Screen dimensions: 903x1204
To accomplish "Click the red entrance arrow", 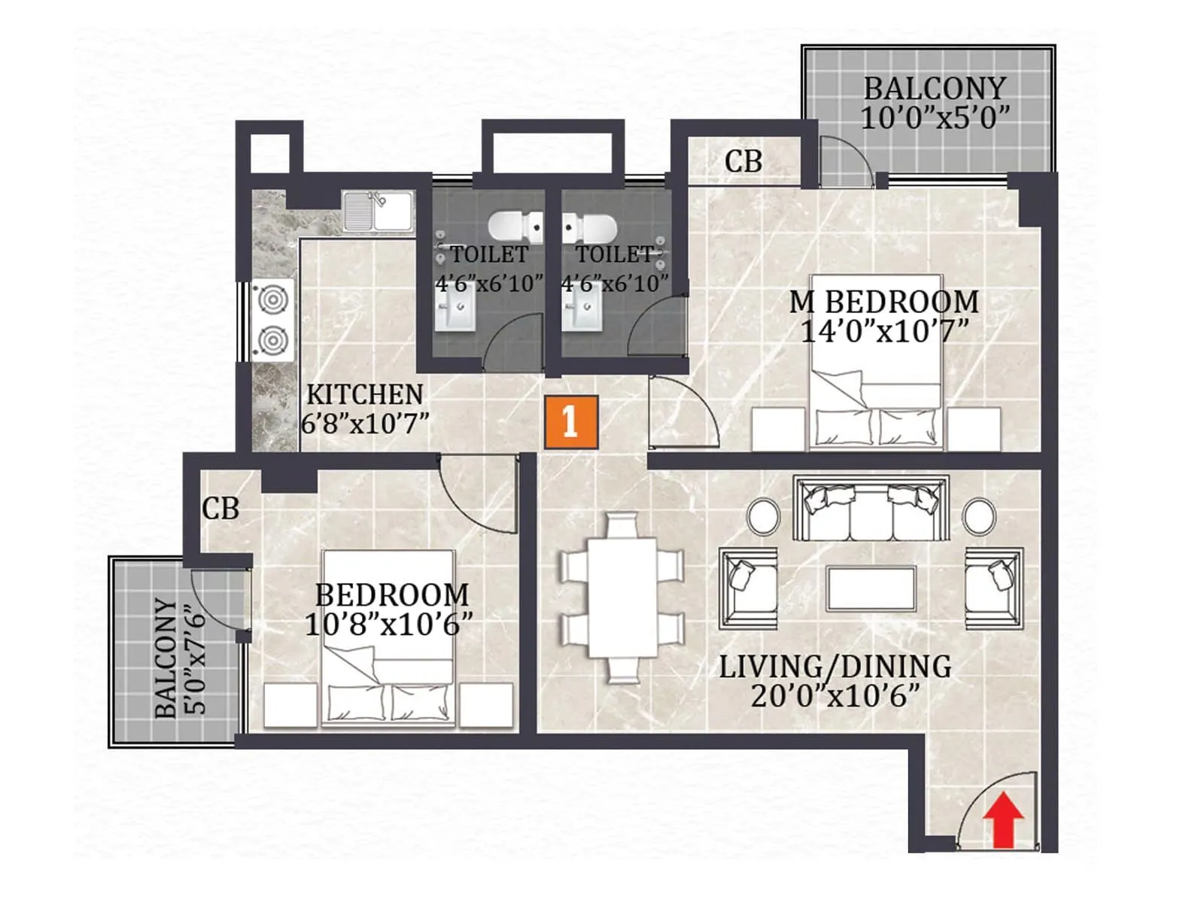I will (1004, 819).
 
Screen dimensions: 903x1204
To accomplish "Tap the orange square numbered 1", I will (571, 421).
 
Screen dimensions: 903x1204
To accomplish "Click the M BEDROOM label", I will (883, 302).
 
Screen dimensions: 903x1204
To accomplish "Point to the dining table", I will (622, 597).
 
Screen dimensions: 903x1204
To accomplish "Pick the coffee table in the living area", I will (871, 588).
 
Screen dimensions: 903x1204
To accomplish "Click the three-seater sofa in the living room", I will (871, 508).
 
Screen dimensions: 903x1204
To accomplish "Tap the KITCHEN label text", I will (365, 394).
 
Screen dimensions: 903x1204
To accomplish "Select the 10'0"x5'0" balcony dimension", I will (935, 118).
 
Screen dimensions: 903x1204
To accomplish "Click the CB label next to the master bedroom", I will (743, 161).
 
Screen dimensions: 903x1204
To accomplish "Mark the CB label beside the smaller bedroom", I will (220, 509).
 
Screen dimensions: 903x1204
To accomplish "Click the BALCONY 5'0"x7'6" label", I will (179, 656).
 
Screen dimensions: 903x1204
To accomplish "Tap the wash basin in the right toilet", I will (583, 312).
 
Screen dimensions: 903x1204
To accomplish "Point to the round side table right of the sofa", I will (979, 517).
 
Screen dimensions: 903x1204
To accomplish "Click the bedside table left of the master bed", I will (779, 429).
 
